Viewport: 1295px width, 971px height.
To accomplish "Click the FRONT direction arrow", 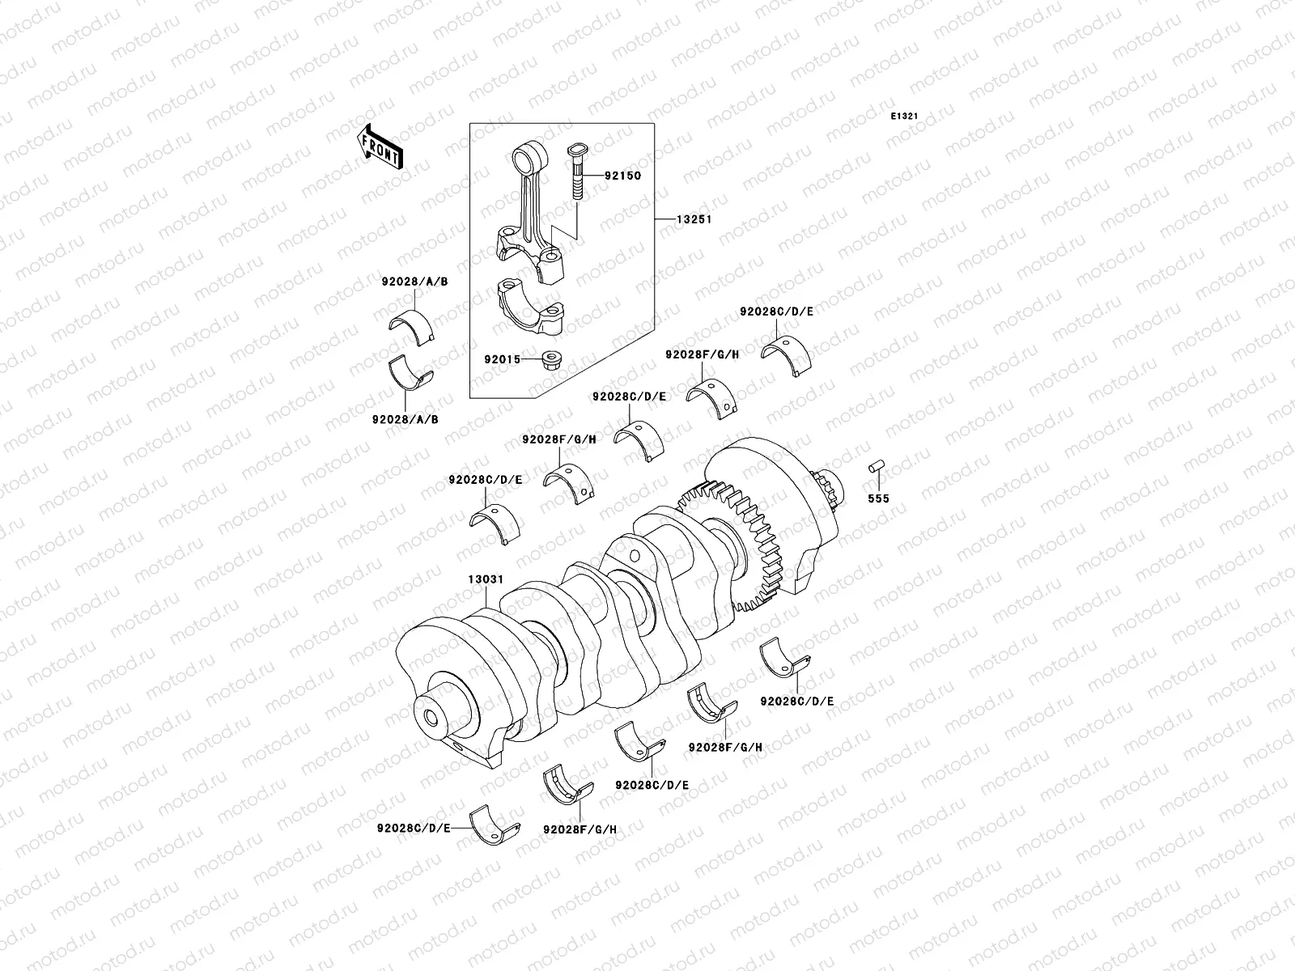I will coord(380,146).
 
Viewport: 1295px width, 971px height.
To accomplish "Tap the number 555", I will coord(878,498).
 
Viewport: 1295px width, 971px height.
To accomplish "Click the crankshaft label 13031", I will coord(486,580).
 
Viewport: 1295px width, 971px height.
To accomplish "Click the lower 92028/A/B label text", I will coord(405,420).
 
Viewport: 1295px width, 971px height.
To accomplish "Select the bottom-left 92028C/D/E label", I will coord(414,829).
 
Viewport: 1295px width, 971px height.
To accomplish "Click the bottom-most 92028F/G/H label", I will coord(580,829).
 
